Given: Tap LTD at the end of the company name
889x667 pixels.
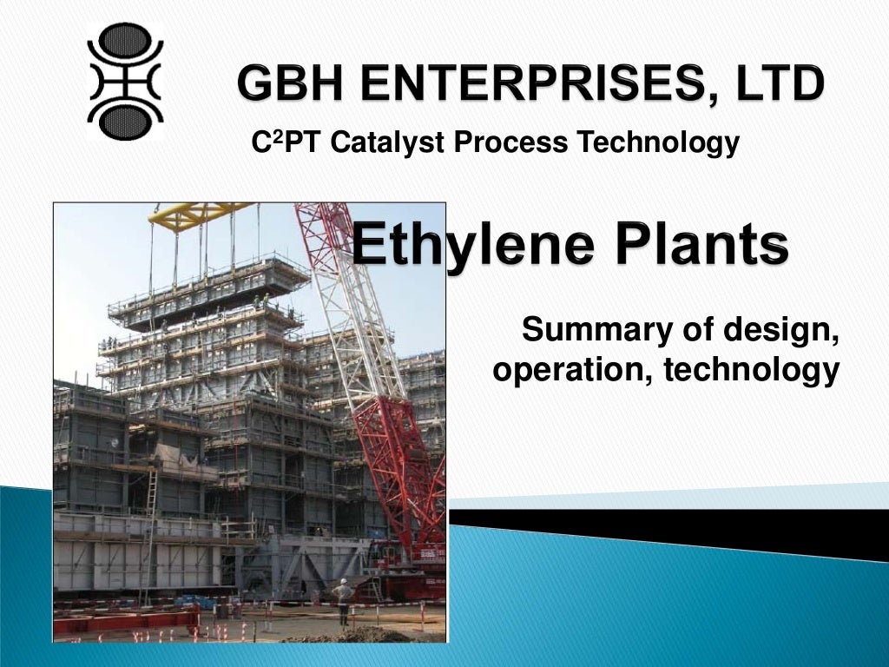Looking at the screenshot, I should [x=776, y=85].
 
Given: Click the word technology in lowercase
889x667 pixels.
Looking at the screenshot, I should [x=751, y=371].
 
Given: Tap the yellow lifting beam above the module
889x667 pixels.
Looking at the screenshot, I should [x=200, y=214].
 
